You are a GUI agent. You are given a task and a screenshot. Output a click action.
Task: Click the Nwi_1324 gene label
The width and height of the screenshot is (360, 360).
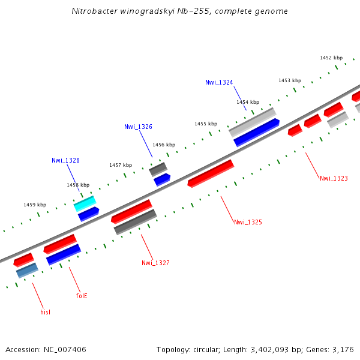[x=219, y=83]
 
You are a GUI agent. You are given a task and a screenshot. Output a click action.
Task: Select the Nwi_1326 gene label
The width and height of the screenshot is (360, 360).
[x=138, y=127]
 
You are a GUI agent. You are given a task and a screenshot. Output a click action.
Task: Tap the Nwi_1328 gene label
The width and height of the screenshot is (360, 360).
[x=65, y=160]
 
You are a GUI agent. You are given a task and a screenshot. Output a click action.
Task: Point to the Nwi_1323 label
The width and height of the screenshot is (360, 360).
[x=334, y=178]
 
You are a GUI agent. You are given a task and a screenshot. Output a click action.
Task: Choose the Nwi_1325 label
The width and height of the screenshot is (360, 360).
[x=248, y=222]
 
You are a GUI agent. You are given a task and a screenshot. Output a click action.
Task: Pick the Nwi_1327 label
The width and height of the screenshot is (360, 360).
[x=155, y=263]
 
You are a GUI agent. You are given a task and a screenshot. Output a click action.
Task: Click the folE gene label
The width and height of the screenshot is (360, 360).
[x=82, y=296]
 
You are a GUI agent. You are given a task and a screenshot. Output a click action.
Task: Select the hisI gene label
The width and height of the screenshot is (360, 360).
[x=46, y=312]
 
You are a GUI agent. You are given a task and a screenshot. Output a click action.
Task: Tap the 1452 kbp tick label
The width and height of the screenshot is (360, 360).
[x=331, y=58]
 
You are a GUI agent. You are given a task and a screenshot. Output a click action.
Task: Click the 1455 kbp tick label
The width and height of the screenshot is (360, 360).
[x=205, y=124]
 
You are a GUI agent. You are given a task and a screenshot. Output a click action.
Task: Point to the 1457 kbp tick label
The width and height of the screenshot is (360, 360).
[x=120, y=165]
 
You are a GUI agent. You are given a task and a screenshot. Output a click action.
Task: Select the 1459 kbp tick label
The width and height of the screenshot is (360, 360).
[x=35, y=205]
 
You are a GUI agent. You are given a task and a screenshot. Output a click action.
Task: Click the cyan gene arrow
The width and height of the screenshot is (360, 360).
[x=85, y=203]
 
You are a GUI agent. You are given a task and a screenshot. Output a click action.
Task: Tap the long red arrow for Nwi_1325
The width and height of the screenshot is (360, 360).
[x=211, y=173]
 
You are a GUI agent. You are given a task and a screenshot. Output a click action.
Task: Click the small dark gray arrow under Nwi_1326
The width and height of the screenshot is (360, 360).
[x=158, y=169]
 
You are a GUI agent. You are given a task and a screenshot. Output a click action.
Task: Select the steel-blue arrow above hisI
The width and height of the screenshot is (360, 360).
[x=27, y=270]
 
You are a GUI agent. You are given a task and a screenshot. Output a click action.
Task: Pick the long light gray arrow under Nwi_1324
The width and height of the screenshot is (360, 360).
[x=253, y=122]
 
